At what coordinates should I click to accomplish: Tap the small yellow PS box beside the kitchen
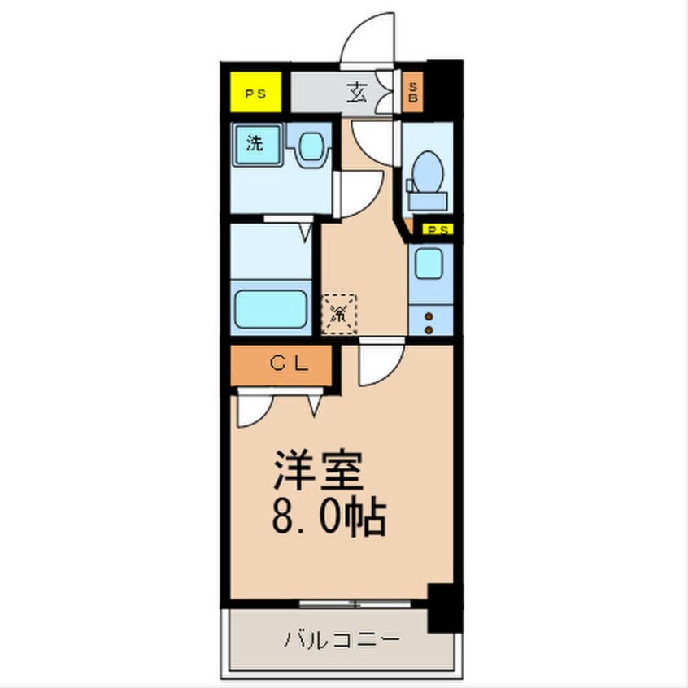(435, 230)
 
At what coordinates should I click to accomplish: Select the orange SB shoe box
(413, 93)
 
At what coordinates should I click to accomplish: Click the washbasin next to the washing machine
(311, 146)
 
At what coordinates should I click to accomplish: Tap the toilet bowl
(426, 173)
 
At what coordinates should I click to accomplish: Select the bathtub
(272, 308)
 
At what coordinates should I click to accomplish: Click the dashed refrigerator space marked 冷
(340, 312)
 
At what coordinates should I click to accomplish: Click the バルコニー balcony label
(342, 639)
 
